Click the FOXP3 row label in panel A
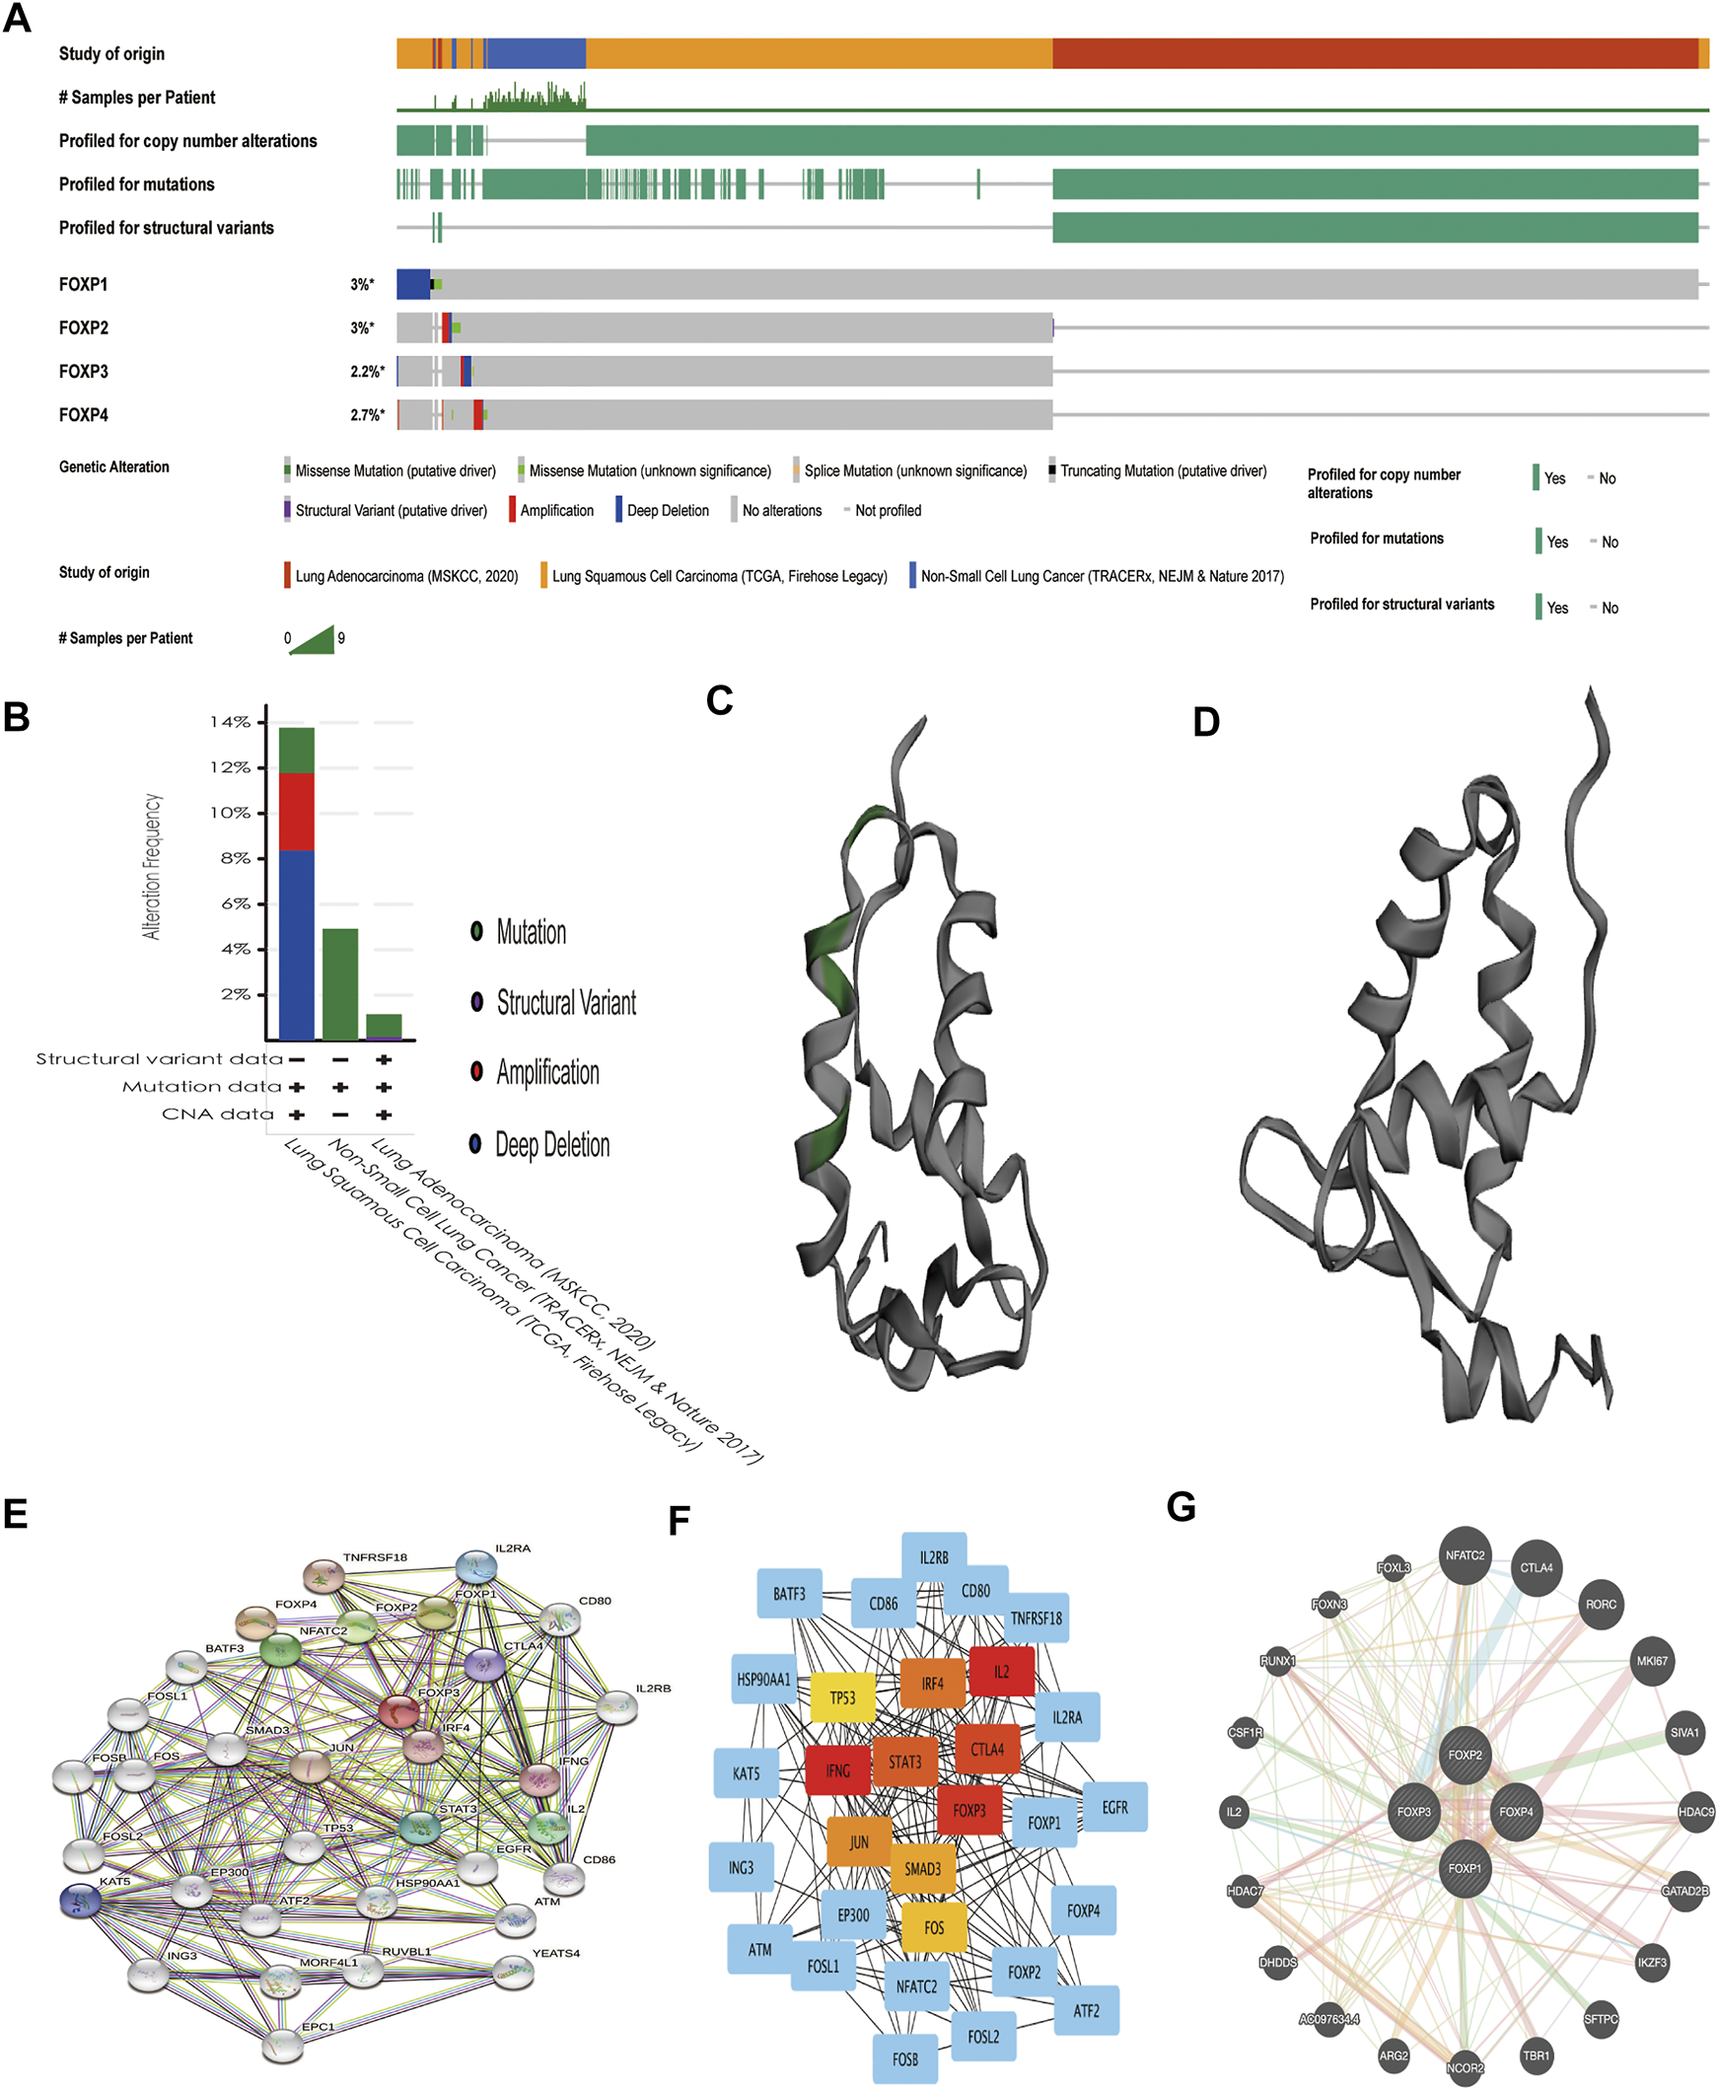[83, 371]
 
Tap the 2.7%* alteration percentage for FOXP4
[366, 415]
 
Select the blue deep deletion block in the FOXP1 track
[413, 284]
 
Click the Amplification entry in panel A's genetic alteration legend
[555, 511]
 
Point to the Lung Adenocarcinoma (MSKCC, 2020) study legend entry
[406, 576]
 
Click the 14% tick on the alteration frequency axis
[231, 723]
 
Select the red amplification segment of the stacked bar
[297, 811]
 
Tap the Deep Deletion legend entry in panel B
[551, 1145]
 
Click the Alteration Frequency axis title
[152, 865]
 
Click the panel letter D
[1206, 723]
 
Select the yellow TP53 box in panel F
[842, 1697]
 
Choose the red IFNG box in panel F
[837, 1770]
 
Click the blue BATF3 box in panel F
[789, 1593]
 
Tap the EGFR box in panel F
[1115, 1807]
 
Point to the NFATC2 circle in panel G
[1465, 1555]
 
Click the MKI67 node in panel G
[1652, 1660]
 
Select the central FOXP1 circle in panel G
[1465, 1868]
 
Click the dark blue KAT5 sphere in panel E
[81, 1900]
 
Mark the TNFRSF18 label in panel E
[376, 1557]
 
